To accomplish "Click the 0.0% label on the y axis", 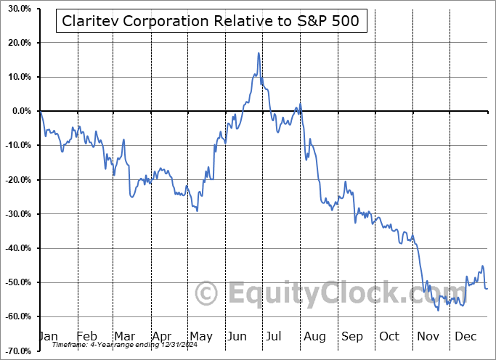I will pyautogui.click(x=18, y=111).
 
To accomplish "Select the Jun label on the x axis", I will pyautogui.click(x=237, y=336).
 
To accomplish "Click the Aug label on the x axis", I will pyautogui.click(x=314, y=336).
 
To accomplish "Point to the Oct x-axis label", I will pyautogui.click(x=389, y=336).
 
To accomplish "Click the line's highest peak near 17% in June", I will pyautogui.click(x=259, y=53).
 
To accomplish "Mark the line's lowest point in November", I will pyautogui.click(x=438, y=311).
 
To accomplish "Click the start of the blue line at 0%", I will pyautogui.click(x=41, y=111).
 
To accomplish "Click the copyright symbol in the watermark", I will pyautogui.click(x=208, y=294).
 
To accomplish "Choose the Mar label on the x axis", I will pyautogui.click(x=125, y=336).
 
